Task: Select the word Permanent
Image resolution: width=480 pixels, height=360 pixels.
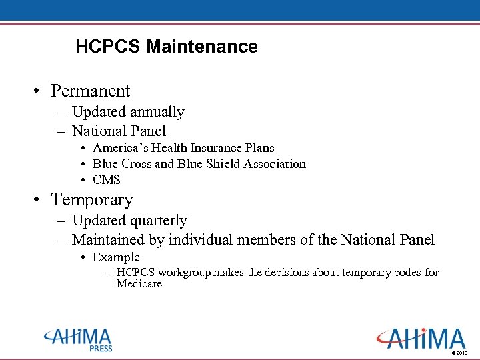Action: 91,91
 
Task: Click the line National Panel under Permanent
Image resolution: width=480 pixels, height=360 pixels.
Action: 119,131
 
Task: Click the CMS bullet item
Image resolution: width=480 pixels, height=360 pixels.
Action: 107,180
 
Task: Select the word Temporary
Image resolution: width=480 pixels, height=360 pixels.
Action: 92,200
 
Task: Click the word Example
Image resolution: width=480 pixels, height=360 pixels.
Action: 116,257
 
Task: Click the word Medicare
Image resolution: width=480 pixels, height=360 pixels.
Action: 139,284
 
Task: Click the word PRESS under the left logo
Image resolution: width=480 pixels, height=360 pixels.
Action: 101,349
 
